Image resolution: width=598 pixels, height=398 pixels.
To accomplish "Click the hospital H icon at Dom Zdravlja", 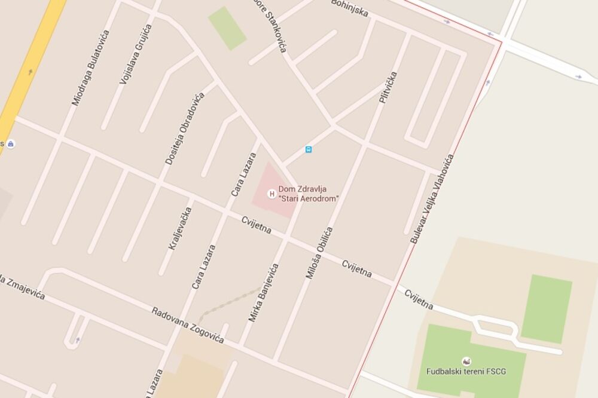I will click(272, 193).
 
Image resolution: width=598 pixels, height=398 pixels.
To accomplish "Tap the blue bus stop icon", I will click(308, 149).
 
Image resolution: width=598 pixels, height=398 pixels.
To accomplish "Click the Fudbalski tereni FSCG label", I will click(466, 371).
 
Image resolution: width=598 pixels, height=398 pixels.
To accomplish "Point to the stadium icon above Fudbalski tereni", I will click(466, 360).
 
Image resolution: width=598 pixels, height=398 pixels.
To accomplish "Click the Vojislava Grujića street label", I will click(136, 53).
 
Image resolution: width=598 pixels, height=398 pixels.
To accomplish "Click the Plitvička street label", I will click(388, 87).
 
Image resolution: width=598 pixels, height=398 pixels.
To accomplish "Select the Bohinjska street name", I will click(350, 8).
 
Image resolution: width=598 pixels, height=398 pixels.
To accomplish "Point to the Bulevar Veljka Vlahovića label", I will click(432, 198).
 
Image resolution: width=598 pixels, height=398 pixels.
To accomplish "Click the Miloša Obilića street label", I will click(319, 253).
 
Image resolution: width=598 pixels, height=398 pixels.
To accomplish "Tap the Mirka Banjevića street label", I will click(264, 293).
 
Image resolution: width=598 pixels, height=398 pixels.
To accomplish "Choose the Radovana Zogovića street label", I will click(187, 325).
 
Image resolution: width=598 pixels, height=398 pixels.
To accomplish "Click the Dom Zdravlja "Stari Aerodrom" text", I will click(308, 194).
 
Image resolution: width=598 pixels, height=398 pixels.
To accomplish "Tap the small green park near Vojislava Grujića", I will click(227, 28).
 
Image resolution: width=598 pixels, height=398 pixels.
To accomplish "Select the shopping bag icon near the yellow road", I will click(11, 143).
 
